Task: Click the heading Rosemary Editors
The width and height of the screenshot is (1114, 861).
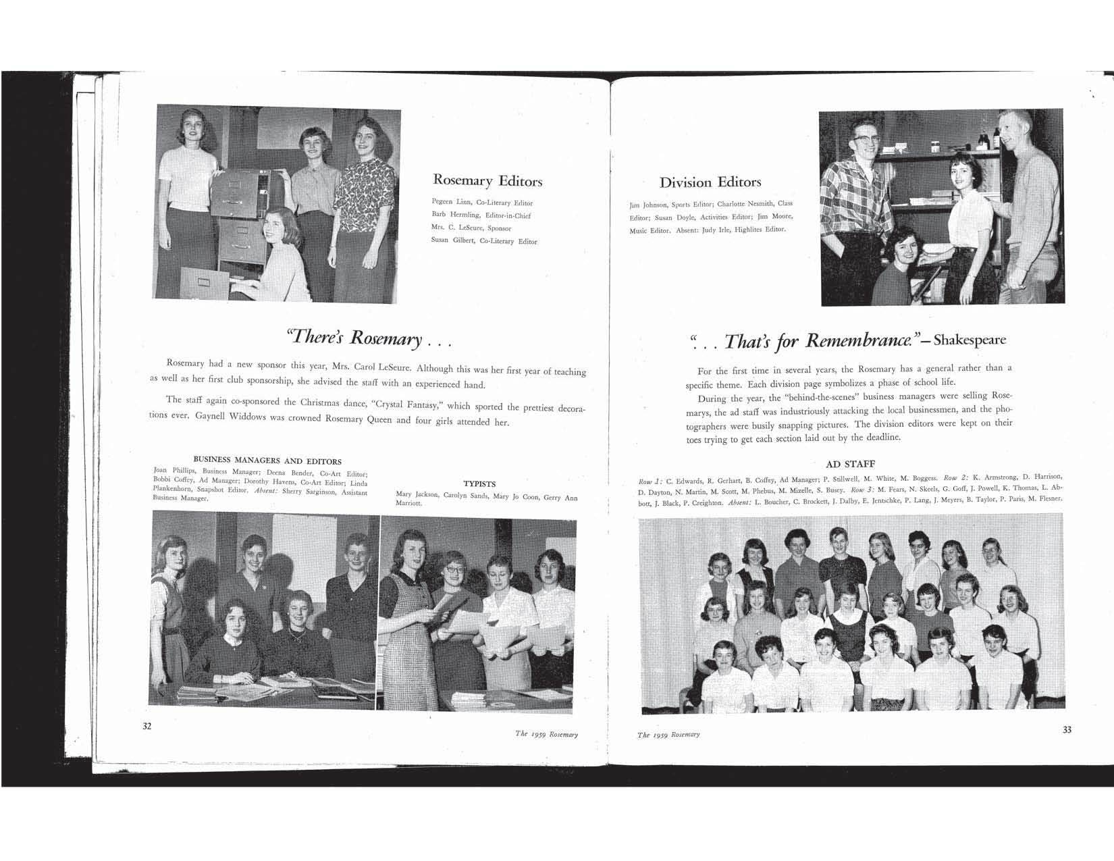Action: click(487, 181)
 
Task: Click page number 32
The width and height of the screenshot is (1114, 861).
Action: click(147, 727)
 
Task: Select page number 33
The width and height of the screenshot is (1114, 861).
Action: click(1067, 729)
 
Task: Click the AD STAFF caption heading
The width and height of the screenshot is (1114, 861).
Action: click(851, 464)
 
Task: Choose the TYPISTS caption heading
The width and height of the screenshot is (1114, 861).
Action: click(479, 484)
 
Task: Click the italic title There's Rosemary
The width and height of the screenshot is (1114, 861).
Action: click(356, 338)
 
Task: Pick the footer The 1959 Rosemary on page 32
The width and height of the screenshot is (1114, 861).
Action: click(546, 734)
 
